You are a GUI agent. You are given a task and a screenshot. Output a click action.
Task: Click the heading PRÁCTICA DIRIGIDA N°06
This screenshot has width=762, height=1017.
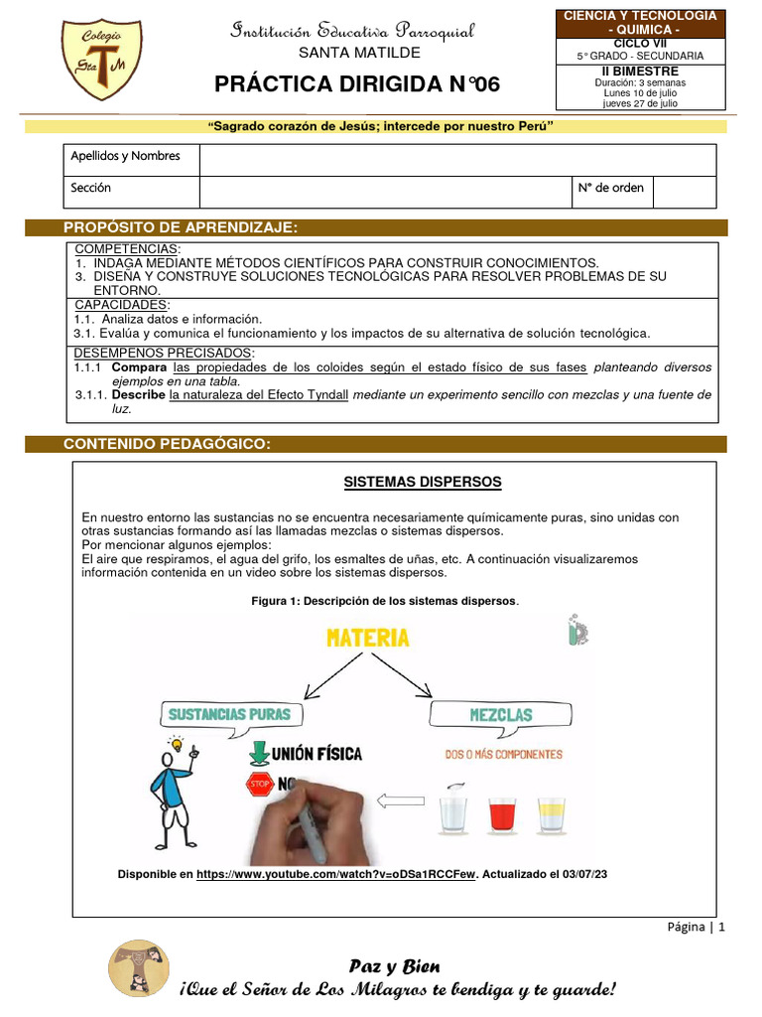(x=357, y=85)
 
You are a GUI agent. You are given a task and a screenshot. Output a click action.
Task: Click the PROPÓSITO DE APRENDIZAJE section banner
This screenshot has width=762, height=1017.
(x=181, y=227)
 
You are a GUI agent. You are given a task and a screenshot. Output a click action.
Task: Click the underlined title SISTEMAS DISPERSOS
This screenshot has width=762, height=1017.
(x=423, y=482)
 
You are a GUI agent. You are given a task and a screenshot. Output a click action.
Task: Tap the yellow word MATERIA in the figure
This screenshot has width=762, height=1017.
(x=368, y=637)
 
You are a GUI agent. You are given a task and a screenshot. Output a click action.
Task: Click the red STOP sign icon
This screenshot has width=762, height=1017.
(x=258, y=787)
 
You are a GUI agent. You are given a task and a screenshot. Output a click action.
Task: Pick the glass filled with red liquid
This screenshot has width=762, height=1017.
(x=502, y=811)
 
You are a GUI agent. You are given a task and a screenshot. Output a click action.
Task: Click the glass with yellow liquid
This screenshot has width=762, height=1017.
(x=551, y=812)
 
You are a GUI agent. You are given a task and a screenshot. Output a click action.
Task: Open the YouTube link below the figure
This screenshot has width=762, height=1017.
(x=336, y=874)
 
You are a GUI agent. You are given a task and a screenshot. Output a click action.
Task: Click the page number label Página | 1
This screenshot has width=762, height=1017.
(x=695, y=927)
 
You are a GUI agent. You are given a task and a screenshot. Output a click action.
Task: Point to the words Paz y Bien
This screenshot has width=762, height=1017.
(x=394, y=966)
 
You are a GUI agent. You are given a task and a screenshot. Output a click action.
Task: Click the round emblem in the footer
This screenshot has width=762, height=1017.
(x=138, y=967)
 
